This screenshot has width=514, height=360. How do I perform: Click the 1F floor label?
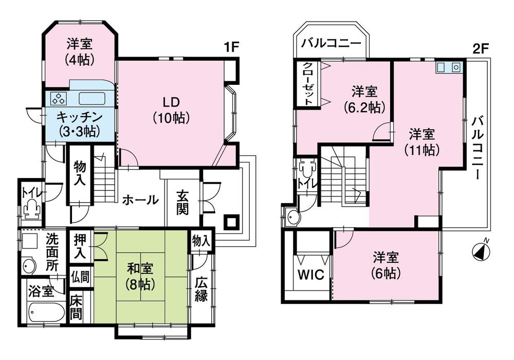tap(232, 48)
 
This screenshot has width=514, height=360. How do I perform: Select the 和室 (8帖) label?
tap(139, 276)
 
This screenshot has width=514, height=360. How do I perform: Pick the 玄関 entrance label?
tap(183, 203)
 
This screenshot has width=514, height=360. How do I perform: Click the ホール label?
tap(140, 200)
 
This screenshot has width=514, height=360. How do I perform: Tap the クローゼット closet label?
tap(307, 84)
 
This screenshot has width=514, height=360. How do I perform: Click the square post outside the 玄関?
tap(231, 223)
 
